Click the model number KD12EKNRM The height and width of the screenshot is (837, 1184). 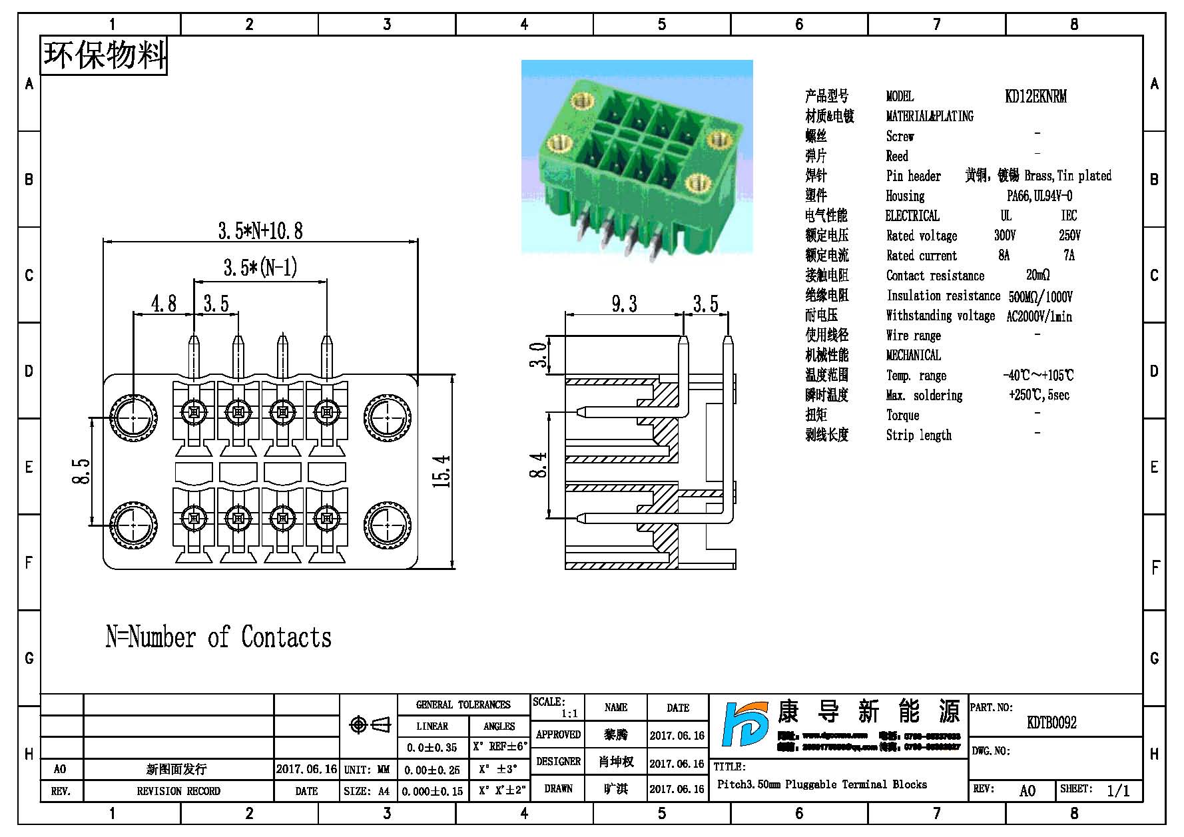[1036, 97]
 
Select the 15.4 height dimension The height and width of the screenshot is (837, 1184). [442, 471]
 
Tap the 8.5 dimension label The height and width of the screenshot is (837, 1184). [81, 471]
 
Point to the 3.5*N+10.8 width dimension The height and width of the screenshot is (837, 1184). [260, 231]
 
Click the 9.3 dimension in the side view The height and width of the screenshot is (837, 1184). [624, 304]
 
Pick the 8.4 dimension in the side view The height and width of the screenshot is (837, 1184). [538, 465]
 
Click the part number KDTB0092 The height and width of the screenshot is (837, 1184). [1051, 722]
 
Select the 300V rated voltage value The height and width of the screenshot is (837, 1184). [1005, 236]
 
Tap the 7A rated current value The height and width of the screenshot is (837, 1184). [1069, 256]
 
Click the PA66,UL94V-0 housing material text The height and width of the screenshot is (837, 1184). [1039, 196]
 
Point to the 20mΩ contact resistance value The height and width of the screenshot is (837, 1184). [1037, 275]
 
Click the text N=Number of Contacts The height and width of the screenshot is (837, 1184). [218, 637]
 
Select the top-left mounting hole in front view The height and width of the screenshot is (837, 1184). [134, 418]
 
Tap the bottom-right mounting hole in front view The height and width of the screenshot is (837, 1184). [388, 525]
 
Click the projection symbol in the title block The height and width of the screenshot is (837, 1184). [370, 724]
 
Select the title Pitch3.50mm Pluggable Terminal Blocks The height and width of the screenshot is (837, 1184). [822, 784]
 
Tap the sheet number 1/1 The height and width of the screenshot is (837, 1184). [1118, 790]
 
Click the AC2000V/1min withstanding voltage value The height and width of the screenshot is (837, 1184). [1039, 316]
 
